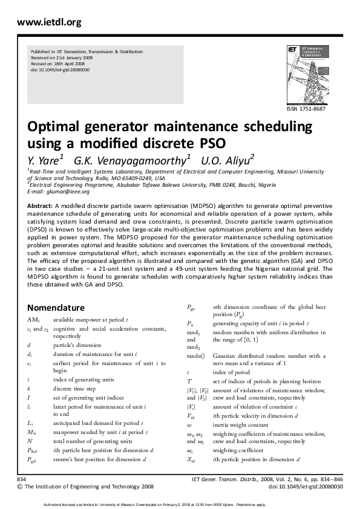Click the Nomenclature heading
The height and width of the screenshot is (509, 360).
click(x=56, y=307)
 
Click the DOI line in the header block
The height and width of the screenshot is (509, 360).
click(x=60, y=70)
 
